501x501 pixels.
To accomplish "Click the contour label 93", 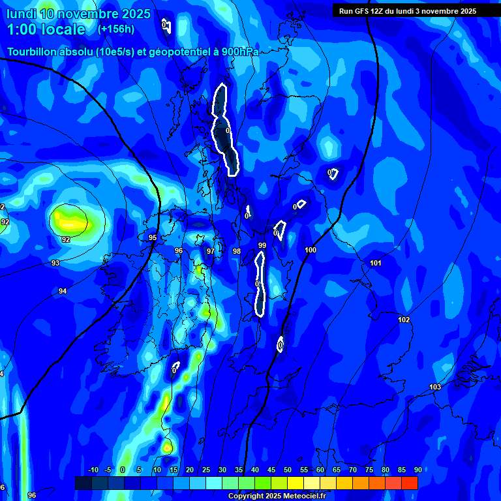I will coord(55,263).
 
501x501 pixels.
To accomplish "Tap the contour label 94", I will coord(63,291).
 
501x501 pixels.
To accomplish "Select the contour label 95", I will coord(153,238).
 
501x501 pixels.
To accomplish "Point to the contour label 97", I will coord(211,251).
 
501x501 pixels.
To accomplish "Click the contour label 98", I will coord(237,251).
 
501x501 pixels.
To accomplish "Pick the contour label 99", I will coord(262,245).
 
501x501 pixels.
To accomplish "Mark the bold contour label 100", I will coord(311,250).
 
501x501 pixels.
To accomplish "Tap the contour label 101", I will coord(376,263).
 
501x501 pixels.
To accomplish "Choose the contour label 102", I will coord(404,320).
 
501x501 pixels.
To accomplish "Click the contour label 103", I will coord(435,387).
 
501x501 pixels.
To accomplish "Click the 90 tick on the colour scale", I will coord(417,470).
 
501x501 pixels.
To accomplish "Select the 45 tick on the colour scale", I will coord(271,470).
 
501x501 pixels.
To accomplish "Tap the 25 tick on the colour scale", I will coord(205,470).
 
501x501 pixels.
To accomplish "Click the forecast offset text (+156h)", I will coord(116,29).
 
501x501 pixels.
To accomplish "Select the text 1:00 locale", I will coord(46,29).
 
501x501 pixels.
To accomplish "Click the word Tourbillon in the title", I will coord(33,52).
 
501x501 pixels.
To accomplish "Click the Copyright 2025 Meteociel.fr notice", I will coord(277,496).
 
